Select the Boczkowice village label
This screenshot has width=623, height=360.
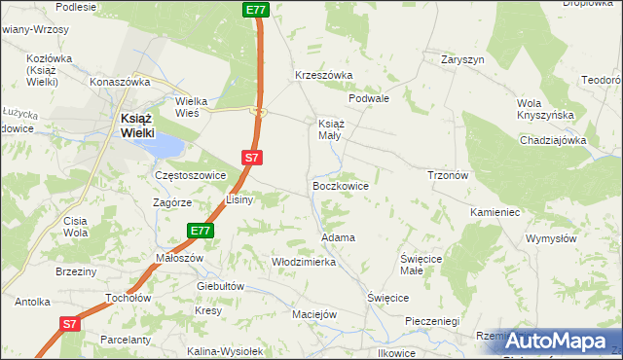tap(340, 184)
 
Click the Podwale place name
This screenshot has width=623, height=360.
tap(369, 98)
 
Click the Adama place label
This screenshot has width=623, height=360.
tap(338, 237)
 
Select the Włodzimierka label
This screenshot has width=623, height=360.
tap(304, 262)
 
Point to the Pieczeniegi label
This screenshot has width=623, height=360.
tap(431, 320)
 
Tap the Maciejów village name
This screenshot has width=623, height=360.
tap(314, 314)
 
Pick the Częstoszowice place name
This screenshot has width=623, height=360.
tap(191, 175)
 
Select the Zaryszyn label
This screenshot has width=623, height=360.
tap(462, 59)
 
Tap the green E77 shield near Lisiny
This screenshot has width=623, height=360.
tap(201, 231)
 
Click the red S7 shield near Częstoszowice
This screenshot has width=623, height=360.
tap(251, 157)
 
